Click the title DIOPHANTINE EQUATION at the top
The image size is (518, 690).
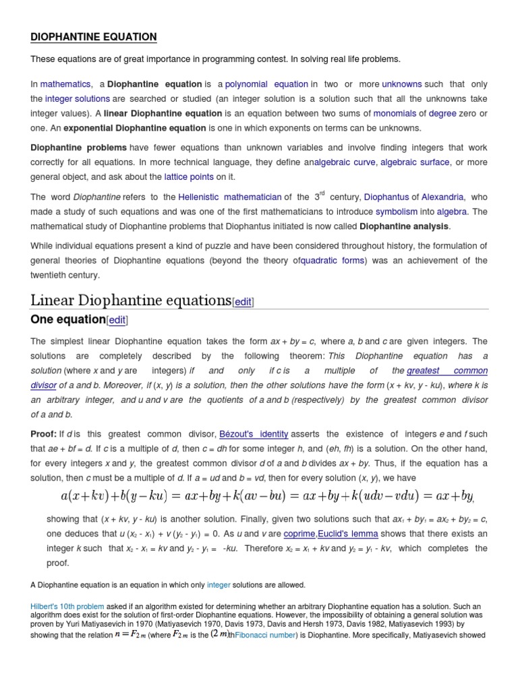point(93,37)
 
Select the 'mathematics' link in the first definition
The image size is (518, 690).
point(65,84)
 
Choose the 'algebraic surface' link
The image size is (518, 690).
point(416,162)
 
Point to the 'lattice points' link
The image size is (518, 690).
point(189,177)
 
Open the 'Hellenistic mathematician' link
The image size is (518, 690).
point(230,197)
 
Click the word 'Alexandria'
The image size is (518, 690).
point(442,197)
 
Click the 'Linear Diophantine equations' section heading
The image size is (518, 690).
point(131,299)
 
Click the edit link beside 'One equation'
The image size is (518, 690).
point(117,319)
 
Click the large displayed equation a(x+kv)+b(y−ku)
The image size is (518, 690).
point(266,496)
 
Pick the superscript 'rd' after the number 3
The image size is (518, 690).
point(321,193)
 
